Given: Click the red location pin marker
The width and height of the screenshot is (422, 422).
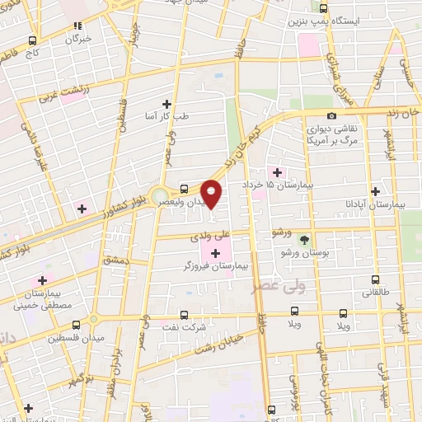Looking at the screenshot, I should pyautogui.click(x=212, y=193).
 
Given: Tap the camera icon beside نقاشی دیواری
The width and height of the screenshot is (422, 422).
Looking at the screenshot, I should pyautogui.click(x=331, y=116).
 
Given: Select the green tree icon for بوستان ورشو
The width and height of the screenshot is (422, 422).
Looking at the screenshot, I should pyautogui.click(x=305, y=240).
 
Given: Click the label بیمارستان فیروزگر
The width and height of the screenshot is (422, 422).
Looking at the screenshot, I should pyautogui.click(x=216, y=267).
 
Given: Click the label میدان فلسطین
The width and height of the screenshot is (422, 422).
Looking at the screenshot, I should pyautogui.click(x=72, y=337).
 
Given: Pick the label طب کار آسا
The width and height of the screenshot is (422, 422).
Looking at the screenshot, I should pyautogui.click(x=167, y=117).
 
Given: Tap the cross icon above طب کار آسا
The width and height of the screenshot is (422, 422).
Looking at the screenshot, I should pyautogui.click(x=167, y=104).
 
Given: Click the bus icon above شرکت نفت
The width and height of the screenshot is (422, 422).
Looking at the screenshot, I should pyautogui.click(x=184, y=314).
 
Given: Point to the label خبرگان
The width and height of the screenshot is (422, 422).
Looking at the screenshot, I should pyautogui.click(x=78, y=39).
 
